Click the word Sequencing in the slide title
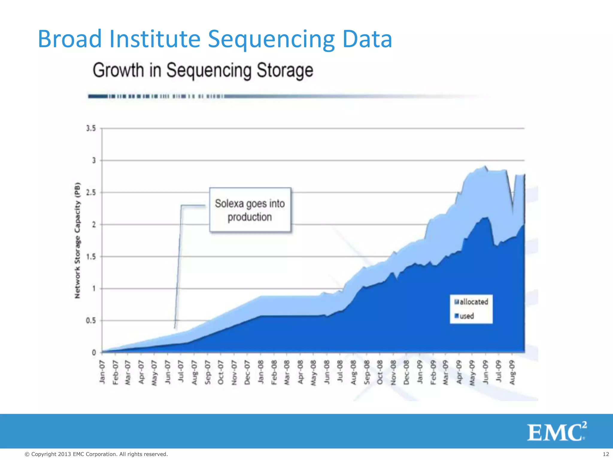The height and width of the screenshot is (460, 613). point(271,39)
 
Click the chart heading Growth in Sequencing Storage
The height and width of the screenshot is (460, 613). point(203,70)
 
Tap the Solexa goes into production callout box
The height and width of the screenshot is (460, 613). point(250,210)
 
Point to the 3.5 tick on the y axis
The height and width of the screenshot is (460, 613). point(91,128)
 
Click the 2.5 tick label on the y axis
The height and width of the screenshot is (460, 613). point(91,193)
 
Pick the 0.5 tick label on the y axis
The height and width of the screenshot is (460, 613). point(91,321)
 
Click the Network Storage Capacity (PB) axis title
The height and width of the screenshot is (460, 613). point(78,240)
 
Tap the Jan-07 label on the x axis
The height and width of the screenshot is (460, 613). point(102,372)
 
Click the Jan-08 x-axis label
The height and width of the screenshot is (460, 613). point(261,372)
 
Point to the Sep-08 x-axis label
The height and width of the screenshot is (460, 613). point(367,372)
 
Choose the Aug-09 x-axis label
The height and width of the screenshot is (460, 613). point(512,372)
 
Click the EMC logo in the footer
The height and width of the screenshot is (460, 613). point(556,432)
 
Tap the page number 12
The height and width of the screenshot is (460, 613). point(606,454)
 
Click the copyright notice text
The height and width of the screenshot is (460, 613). point(96,454)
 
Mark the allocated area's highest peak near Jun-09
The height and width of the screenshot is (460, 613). point(485,166)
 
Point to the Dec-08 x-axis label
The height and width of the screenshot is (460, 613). point(406,372)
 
